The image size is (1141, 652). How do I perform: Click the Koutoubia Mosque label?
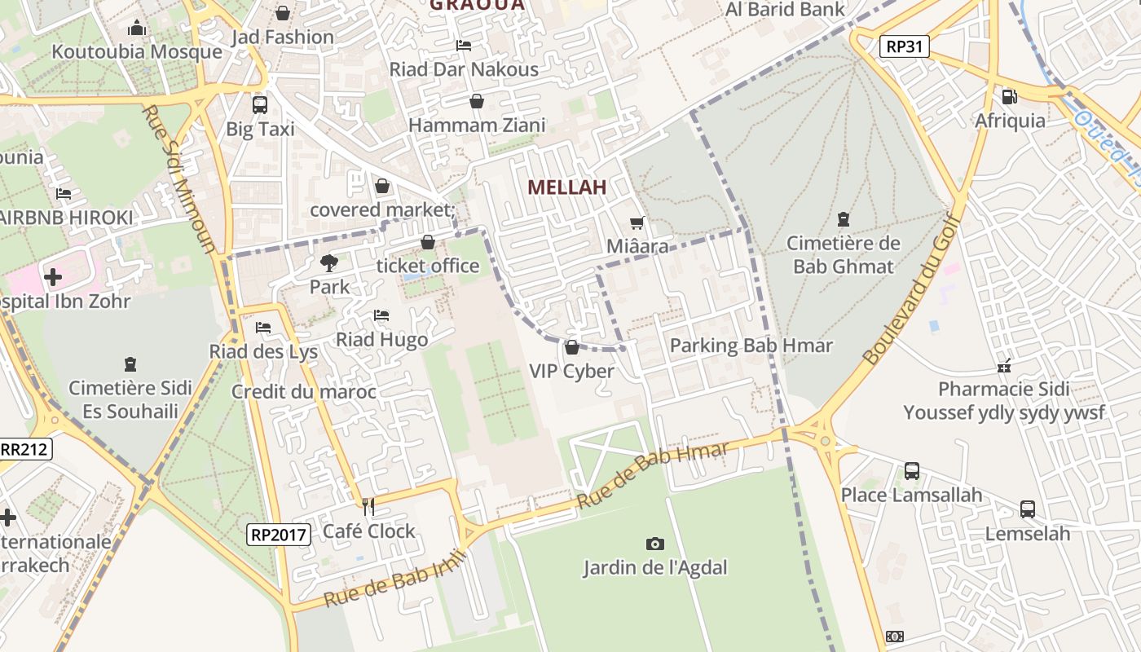pyautogui.click(x=137, y=52)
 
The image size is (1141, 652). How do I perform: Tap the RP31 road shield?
pyautogui.click(x=905, y=46)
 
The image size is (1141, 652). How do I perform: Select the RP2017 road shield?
pyautogui.click(x=279, y=535)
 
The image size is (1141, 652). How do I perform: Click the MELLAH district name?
pyautogui.click(x=566, y=187)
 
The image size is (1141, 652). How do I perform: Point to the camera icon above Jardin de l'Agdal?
pyautogui.click(x=654, y=544)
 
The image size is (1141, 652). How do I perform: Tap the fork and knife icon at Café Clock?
pyautogui.click(x=368, y=507)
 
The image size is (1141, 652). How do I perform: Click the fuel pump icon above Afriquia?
pyautogui.click(x=1009, y=96)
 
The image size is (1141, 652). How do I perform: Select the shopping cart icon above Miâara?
pyautogui.click(x=637, y=222)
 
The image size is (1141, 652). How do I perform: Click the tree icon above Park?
pyautogui.click(x=329, y=262)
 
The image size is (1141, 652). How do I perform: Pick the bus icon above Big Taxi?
pyautogui.click(x=260, y=104)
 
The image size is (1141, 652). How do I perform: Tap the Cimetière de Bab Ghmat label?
pyautogui.click(x=843, y=254)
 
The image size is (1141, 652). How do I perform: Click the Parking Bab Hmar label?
pyautogui.click(x=751, y=346)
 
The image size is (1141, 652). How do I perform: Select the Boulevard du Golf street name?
pyautogui.click(x=914, y=286)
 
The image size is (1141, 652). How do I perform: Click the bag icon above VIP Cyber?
pyautogui.click(x=572, y=347)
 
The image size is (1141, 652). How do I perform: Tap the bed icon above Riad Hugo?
pyautogui.click(x=381, y=315)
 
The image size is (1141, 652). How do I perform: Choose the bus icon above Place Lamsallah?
pyautogui.click(x=911, y=471)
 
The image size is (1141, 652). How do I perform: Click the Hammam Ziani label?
pyautogui.click(x=477, y=126)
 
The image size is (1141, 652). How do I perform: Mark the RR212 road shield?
pyautogui.click(x=24, y=449)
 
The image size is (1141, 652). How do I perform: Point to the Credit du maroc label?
pyautogui.click(x=304, y=392)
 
